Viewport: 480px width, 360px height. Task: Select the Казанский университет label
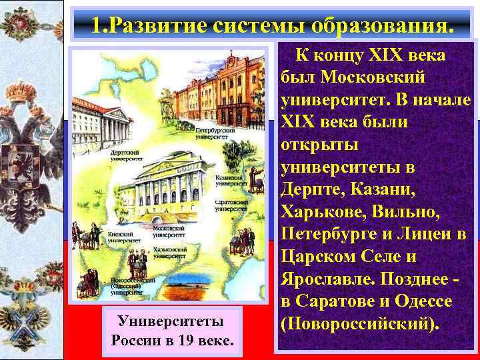click(229, 182)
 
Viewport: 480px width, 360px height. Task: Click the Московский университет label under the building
click(169, 231)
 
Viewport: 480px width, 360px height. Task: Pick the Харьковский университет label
click(170, 252)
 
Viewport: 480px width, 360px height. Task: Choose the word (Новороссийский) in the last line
click(361, 325)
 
